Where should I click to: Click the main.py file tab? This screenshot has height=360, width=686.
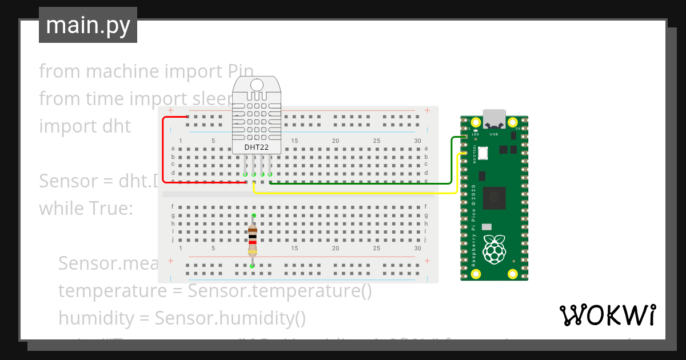tap(88, 25)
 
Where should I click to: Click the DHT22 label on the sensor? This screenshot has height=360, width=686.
tap(257, 147)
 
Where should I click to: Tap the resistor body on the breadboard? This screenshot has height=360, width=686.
tap(252, 240)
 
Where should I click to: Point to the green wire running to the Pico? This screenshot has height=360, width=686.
tap(366, 183)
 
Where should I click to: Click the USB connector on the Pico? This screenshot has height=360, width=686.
tap(494, 119)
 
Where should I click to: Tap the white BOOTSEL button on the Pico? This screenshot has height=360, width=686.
tap(483, 153)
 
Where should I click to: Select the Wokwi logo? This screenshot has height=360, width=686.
tap(607, 315)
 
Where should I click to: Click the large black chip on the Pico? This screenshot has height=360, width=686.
tap(494, 198)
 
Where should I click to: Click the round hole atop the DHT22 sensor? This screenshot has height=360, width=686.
tap(257, 85)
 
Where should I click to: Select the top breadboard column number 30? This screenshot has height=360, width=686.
tap(417, 141)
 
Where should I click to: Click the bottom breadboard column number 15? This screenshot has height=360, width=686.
tap(294, 249)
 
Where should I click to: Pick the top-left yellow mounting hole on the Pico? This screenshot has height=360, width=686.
tap(475, 122)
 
